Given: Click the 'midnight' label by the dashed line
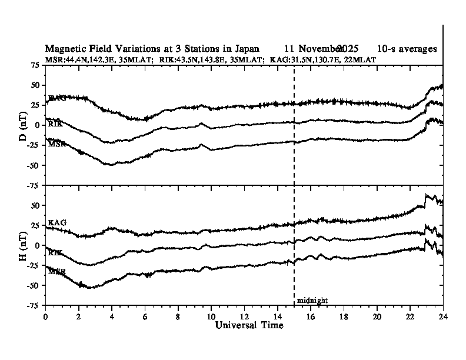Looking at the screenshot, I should pyautogui.click(x=312, y=301).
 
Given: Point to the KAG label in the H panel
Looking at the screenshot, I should pyautogui.click(x=57, y=222).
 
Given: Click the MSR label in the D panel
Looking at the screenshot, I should pyautogui.click(x=56, y=144).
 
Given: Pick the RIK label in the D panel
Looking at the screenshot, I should pyautogui.click(x=56, y=124).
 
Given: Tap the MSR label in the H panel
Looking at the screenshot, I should pyautogui.click(x=56, y=271).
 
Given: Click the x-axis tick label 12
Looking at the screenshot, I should pyautogui.click(x=244, y=316).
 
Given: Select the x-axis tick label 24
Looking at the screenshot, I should pyautogui.click(x=442, y=316).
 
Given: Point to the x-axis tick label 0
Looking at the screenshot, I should pyautogui.click(x=45, y=316).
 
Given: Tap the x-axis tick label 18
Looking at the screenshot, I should pyautogui.click(x=343, y=316).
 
